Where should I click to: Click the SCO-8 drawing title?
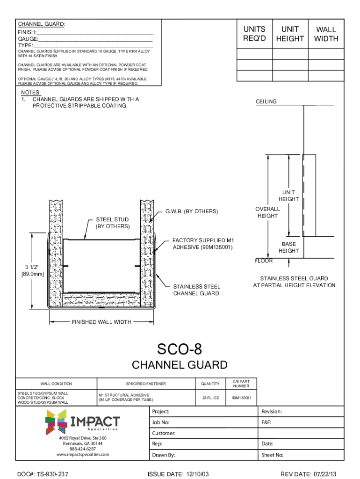tap(180, 348)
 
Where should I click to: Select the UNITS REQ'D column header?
tap(254, 34)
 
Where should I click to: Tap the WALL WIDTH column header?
tap(326, 34)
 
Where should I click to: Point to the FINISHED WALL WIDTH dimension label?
tap(101, 322)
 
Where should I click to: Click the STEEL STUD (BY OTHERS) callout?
tap(112, 223)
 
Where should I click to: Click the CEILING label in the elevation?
tap(266, 102)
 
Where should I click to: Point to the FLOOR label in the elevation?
tap(264, 261)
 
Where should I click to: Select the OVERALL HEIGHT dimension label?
tap(267, 212)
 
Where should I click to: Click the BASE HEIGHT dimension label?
tap(288, 247)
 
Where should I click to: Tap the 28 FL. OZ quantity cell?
tap(210, 398)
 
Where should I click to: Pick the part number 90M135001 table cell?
tap(241, 398)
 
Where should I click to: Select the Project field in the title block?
tap(161, 412)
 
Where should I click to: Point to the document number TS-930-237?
tap(43, 474)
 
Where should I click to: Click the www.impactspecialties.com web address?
tap(83, 454)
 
